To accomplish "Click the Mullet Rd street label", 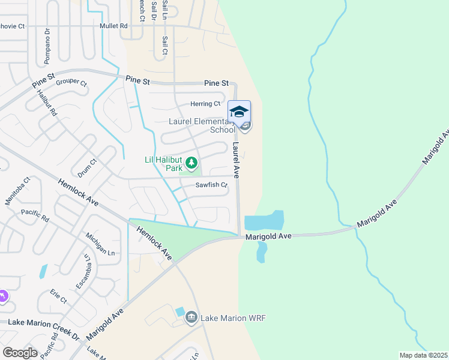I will [115, 26].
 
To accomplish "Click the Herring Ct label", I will [205, 104].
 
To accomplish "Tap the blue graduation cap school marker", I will [239, 112].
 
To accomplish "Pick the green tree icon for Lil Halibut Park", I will [191, 163].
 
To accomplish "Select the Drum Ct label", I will [92, 166].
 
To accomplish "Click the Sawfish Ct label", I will [211, 185].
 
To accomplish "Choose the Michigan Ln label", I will [100, 244].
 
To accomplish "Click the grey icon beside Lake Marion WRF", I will [191, 317].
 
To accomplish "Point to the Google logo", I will [20, 353].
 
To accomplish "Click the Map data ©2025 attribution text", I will [423, 355].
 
